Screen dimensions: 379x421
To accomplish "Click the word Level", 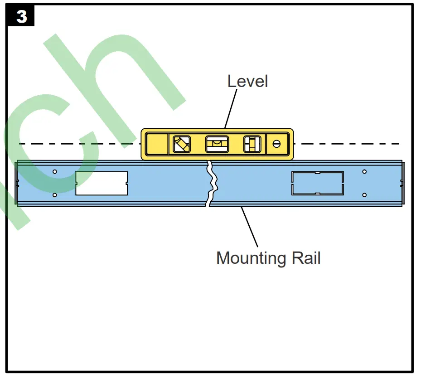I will click(x=247, y=81).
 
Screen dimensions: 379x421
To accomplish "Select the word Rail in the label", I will click(x=306, y=258).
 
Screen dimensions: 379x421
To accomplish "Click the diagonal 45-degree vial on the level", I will click(x=182, y=145).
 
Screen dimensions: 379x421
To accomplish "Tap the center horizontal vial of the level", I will click(x=217, y=145).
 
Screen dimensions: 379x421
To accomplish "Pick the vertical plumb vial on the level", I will click(x=252, y=145).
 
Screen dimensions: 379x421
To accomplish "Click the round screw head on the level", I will click(x=276, y=144).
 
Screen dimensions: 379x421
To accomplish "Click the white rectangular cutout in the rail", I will click(x=102, y=183).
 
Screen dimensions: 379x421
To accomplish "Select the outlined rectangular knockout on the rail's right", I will click(x=317, y=183).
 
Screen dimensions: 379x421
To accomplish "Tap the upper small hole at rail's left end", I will click(x=55, y=172).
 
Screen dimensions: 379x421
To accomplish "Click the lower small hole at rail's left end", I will click(x=55, y=195).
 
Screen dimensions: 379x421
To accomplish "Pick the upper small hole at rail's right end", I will click(x=364, y=172).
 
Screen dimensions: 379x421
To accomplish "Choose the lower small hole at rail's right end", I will click(x=364, y=195).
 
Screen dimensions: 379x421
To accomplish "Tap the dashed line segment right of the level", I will click(x=349, y=144).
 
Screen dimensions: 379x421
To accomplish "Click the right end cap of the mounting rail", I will click(x=401, y=183).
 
